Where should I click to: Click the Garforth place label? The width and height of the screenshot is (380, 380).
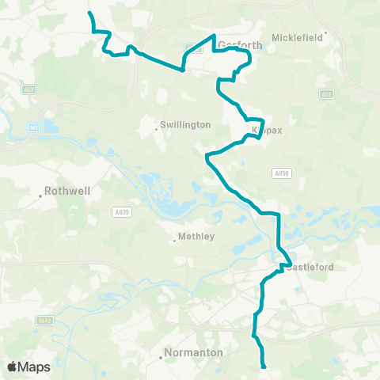[x=239, y=45]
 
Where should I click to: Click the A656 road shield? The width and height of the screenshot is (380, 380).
[x=279, y=172]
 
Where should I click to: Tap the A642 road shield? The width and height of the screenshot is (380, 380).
[x=44, y=321]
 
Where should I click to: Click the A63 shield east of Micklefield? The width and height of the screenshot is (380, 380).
[x=326, y=94]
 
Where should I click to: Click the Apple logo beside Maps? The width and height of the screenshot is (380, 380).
[x=13, y=367]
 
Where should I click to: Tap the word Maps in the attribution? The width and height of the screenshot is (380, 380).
[x=35, y=367]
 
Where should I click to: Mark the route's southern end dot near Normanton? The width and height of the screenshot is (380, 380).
[x=263, y=366]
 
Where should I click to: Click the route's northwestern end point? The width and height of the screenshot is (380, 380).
[x=89, y=14]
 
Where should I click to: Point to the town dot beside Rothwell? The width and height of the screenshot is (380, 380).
[x=41, y=195]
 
